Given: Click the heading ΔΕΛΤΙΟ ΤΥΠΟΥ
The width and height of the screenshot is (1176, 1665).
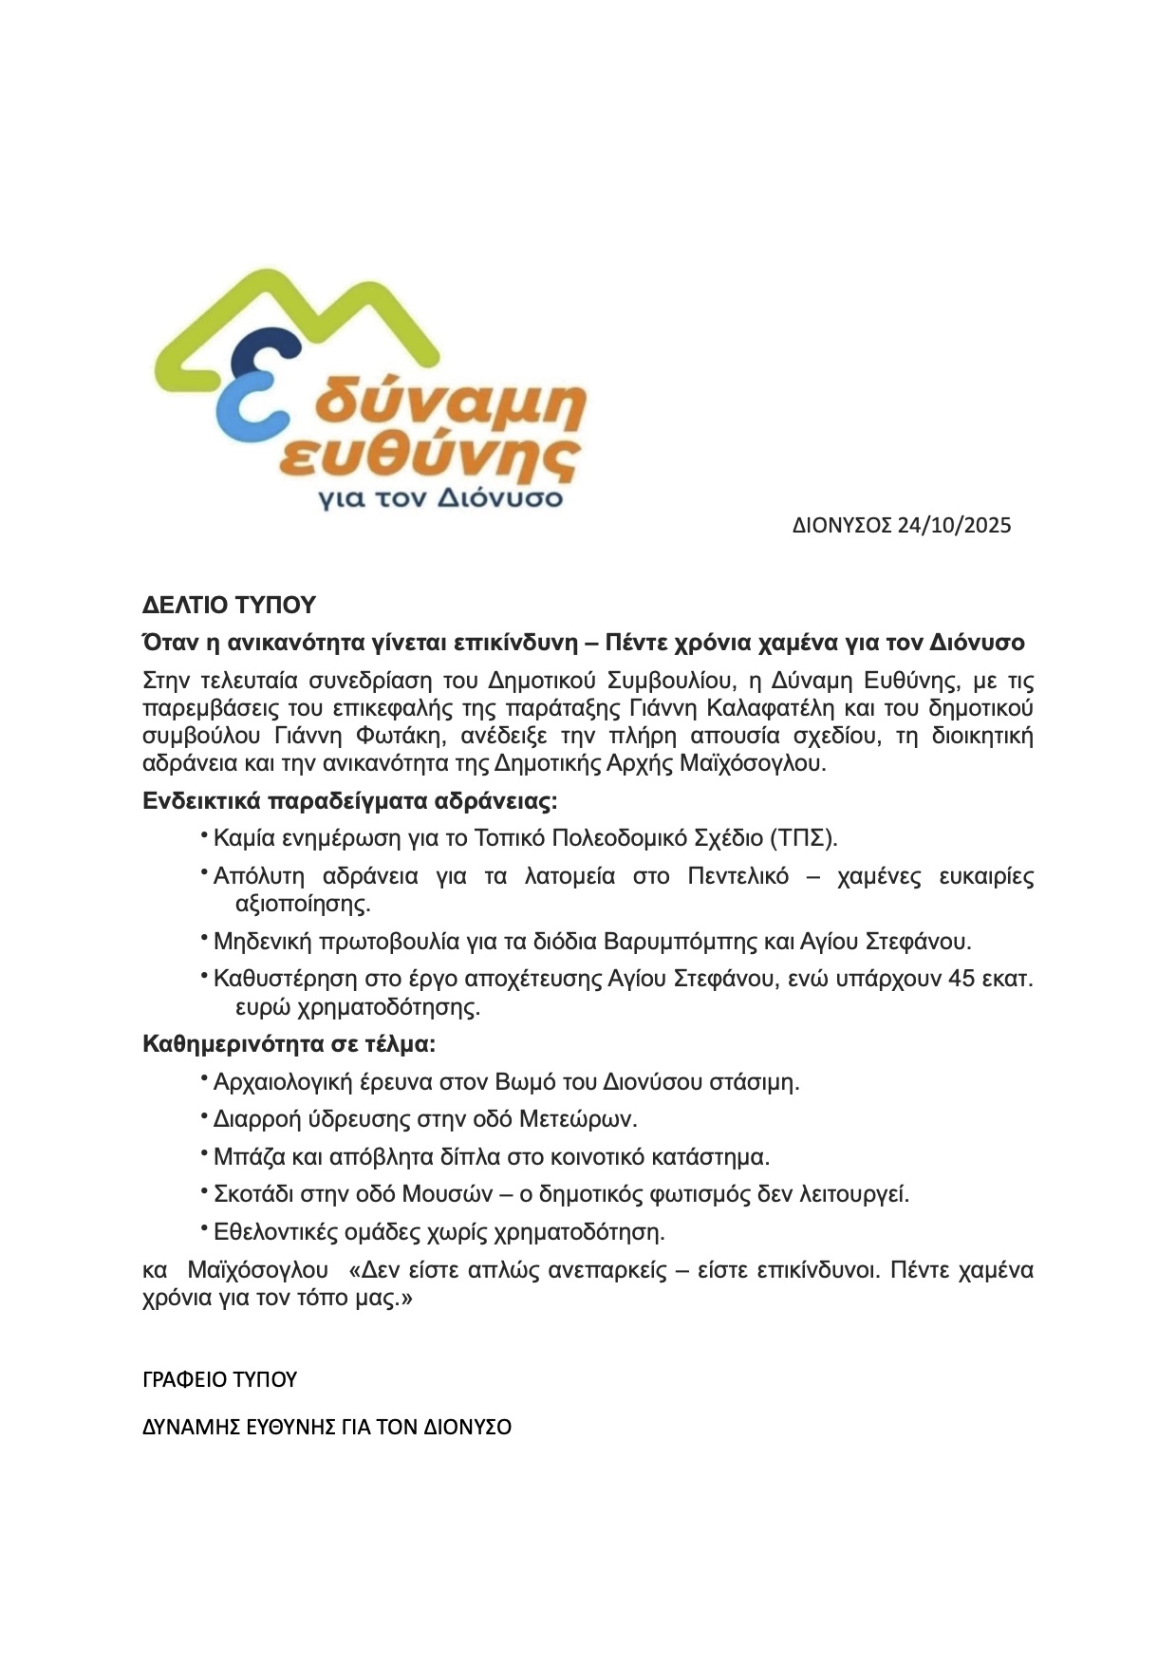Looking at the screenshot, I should coord(229,606).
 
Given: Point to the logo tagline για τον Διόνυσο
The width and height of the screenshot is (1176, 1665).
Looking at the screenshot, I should coord(440,497).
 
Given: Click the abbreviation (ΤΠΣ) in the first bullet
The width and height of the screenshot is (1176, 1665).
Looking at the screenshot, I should coord(803,838).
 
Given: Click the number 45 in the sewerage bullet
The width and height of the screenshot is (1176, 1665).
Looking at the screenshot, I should coord(961,979).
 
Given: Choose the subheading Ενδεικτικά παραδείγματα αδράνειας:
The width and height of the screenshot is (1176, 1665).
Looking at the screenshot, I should coord(350,801).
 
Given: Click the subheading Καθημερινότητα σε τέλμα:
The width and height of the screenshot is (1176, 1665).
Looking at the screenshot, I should coord(289,1044).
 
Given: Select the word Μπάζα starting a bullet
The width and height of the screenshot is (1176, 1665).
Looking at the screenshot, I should coord(245,1157).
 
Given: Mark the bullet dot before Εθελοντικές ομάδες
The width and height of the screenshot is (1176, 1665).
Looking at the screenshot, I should coord(203,1229).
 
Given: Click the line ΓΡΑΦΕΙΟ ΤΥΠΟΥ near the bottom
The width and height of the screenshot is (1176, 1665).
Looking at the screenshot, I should coord(219,1379).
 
